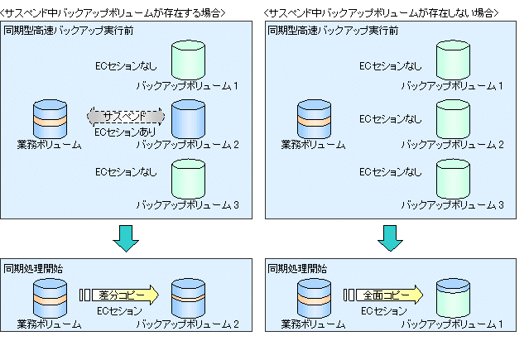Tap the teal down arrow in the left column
click(126, 236)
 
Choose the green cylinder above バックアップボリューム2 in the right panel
click(452, 119)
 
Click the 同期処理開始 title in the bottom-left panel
click(32, 269)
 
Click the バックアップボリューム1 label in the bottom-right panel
click(452, 324)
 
